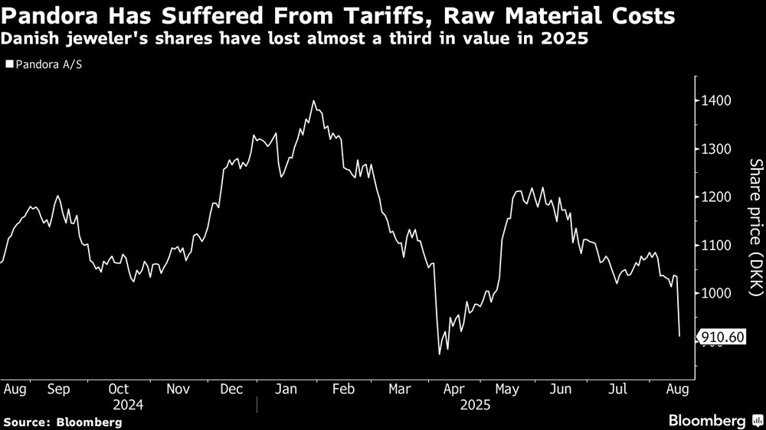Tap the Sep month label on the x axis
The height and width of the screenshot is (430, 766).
[59, 389]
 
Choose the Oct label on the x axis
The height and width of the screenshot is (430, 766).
[119, 389]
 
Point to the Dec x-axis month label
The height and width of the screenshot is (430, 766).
[231, 389]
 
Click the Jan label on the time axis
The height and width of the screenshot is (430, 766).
[286, 389]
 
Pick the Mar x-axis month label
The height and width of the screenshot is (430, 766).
[398, 389]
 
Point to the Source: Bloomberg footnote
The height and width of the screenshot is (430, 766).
[63, 422]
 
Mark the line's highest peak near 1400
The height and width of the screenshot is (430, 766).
[313, 101]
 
